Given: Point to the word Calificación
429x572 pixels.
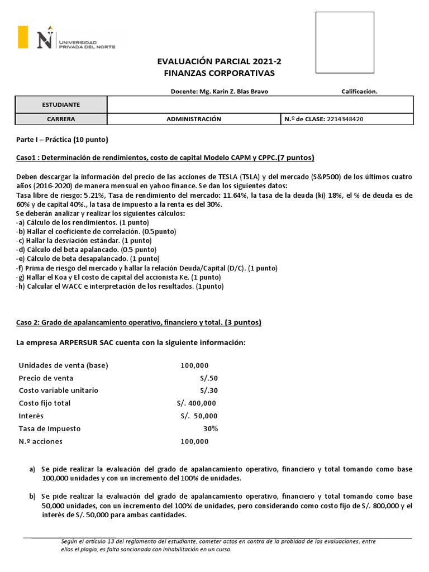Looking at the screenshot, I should click(x=359, y=92).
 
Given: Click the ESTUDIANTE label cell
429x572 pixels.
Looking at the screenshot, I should click(x=61, y=104).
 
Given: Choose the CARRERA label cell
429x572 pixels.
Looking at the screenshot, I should click(x=61, y=119).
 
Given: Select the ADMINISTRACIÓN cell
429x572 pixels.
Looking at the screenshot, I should click(x=194, y=119).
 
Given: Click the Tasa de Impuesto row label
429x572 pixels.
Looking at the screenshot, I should click(x=50, y=428).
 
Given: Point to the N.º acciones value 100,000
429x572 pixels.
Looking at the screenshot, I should click(x=194, y=441).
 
